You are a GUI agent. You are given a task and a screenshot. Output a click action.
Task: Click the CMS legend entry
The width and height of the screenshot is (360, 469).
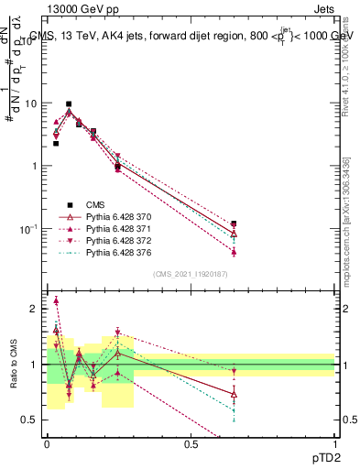[97, 204]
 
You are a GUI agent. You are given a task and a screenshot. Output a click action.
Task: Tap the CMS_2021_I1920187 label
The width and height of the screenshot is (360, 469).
[191, 274]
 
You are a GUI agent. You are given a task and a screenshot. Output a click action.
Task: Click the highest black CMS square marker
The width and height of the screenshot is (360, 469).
[69, 104]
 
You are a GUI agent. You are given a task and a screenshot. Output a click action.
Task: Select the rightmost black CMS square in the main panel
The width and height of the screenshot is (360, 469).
[235, 224]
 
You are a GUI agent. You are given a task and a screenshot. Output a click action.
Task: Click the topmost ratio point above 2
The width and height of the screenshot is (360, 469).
[56, 300]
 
